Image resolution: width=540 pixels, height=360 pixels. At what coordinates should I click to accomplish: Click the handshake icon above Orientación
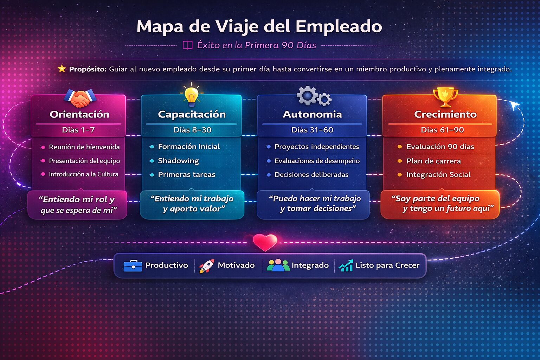pyautogui.click(x=80, y=98)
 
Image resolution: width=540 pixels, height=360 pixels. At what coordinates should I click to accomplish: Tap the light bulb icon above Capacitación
pyautogui.click(x=191, y=95)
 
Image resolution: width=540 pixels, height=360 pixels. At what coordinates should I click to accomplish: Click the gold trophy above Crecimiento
pyautogui.click(x=445, y=96)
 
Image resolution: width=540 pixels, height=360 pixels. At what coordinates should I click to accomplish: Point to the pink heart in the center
pyautogui.click(x=265, y=242)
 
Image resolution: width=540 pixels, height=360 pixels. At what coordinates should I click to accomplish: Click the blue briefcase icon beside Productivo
pyautogui.click(x=133, y=266)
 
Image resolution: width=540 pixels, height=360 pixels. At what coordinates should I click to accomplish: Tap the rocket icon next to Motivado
pyautogui.click(x=206, y=266)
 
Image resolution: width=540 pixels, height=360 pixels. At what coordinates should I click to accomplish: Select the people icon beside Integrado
pyautogui.click(x=278, y=266)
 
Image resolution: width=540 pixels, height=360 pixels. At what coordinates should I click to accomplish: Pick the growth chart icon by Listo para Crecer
pyautogui.click(x=346, y=266)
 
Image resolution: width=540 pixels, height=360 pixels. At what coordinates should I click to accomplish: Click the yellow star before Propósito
pyautogui.click(x=62, y=69)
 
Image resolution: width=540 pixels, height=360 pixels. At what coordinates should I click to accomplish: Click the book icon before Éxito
pyautogui.click(x=188, y=45)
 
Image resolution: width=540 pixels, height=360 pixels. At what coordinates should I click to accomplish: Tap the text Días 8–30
pyautogui.click(x=192, y=130)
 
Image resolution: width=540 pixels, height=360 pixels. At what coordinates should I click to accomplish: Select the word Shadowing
pyautogui.click(x=178, y=161)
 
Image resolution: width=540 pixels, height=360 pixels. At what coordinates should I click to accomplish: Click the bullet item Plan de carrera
pyautogui.click(x=433, y=161)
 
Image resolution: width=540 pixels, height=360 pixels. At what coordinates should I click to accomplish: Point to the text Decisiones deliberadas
pyautogui.click(x=311, y=175)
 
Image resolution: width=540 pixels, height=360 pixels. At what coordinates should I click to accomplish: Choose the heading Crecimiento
pyautogui.click(x=445, y=114)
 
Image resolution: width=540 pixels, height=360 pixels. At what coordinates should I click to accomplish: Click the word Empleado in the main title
pyautogui.click(x=339, y=27)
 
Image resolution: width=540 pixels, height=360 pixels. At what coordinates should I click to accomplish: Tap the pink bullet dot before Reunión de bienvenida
pyautogui.click(x=43, y=147)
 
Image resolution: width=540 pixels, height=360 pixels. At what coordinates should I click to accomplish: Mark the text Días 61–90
pyautogui.click(x=442, y=130)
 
